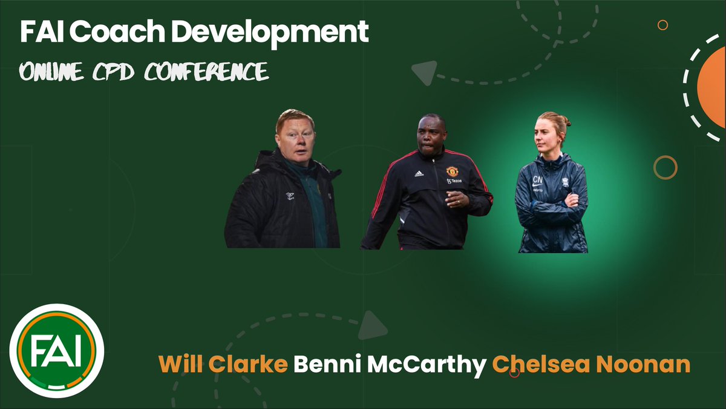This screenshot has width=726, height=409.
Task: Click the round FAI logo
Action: point(56,351)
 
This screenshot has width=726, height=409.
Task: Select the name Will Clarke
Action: point(223,365)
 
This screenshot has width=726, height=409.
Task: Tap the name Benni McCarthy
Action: point(390,365)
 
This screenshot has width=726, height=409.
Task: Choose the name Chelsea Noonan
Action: point(591,365)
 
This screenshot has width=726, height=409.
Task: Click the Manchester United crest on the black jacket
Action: point(452,171)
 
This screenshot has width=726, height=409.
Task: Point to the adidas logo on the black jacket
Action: point(419,174)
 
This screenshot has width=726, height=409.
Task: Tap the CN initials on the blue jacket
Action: point(537,179)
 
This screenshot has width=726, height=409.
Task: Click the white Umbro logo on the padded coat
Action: point(290,195)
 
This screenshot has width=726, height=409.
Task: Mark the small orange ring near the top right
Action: point(662,25)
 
